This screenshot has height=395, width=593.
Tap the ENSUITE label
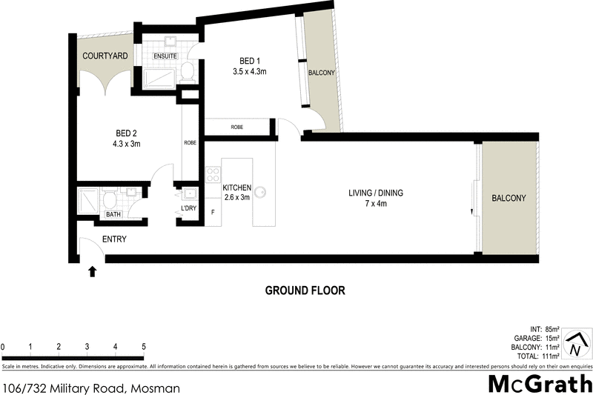pos(165,56)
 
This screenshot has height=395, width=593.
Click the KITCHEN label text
pos(237,188)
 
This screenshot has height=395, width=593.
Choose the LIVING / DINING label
pos(376,193)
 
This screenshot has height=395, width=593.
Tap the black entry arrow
pos(93,272)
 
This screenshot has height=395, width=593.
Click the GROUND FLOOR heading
pos(305,291)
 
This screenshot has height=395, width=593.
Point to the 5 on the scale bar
pos(143,347)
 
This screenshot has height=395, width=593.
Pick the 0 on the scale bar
pos(3,347)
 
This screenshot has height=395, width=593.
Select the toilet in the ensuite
pos(187,72)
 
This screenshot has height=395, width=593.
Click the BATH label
pos(113,215)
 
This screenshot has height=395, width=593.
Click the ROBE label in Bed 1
pos(237,127)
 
